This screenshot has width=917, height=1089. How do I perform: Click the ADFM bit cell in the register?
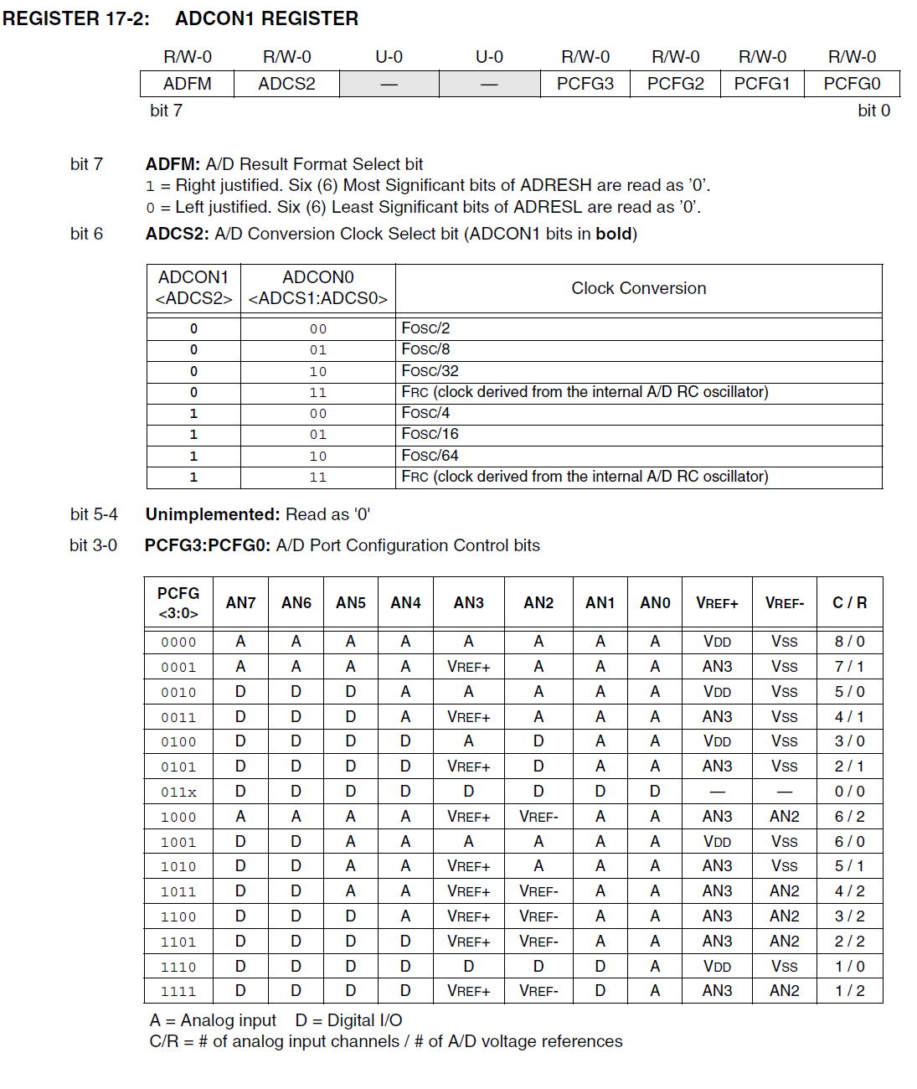click(188, 84)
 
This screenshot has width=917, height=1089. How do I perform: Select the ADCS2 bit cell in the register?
click(286, 84)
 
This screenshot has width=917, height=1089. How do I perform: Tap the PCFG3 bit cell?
click(585, 84)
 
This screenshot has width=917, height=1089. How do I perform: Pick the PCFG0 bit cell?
click(852, 84)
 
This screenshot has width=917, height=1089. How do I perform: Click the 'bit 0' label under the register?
click(873, 111)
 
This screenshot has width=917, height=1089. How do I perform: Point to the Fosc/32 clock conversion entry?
click(430, 371)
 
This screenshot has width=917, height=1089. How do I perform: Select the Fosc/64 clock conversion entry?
click(430, 456)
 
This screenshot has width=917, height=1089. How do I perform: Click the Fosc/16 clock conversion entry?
click(430, 434)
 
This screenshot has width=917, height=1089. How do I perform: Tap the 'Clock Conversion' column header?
click(638, 288)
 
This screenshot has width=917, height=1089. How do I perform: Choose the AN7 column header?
click(240, 602)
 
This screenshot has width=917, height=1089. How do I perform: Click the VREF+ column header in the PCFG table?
click(717, 603)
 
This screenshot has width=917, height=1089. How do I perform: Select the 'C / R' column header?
click(849, 602)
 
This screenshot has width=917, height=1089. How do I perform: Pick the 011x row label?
click(178, 792)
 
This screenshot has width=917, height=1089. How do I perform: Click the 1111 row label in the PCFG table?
click(178, 992)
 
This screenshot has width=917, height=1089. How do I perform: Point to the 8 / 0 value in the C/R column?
click(849, 642)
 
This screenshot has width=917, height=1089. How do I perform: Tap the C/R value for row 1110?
click(849, 967)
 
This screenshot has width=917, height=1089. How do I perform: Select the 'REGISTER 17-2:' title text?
click(76, 18)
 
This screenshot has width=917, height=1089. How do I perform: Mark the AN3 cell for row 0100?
click(468, 741)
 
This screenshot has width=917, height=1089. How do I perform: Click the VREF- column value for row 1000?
click(784, 817)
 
